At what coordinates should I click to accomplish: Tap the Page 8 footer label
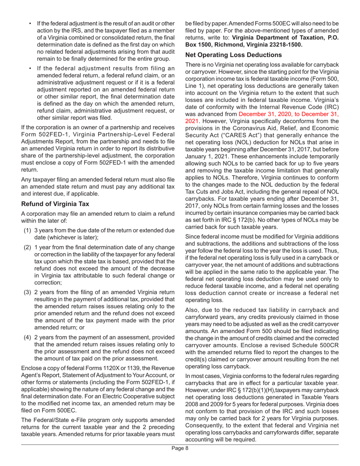tap(180, 459)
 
